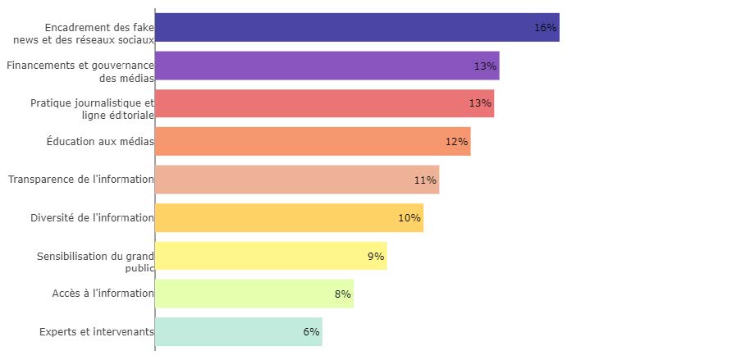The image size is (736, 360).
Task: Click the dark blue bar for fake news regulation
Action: (345, 27)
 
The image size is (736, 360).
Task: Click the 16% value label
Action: (545, 27)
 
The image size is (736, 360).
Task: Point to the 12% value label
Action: (456, 141)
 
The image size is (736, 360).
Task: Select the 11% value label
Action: (425, 180)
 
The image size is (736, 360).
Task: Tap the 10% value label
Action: (409, 217)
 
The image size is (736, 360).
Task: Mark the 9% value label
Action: (376, 256)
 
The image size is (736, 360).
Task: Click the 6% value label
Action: (311, 332)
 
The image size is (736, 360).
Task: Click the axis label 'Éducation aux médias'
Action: (100, 141)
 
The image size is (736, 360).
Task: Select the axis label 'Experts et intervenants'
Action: (97, 332)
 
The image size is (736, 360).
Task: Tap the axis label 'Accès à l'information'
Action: (103, 294)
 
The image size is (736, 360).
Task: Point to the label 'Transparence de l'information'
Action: (81, 180)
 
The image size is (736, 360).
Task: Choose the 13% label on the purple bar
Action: (485, 66)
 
